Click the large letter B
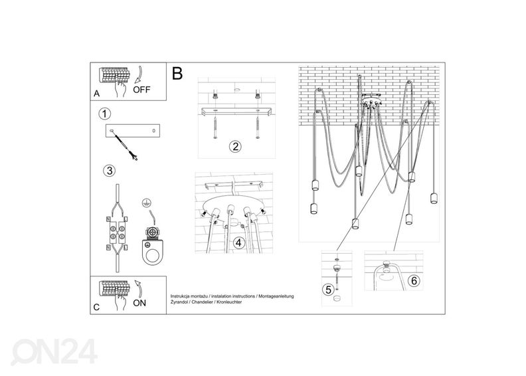pyautogui.click(x=177, y=73)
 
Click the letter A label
pyautogui.click(x=97, y=94)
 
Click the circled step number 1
pyautogui.click(x=104, y=114)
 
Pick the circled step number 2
pyautogui.click(x=234, y=146)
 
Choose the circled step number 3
pyautogui.click(x=109, y=170)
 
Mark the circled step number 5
pyautogui.click(x=327, y=289)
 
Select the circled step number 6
pyautogui.click(x=414, y=280)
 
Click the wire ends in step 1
pyautogui.click(x=134, y=157)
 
